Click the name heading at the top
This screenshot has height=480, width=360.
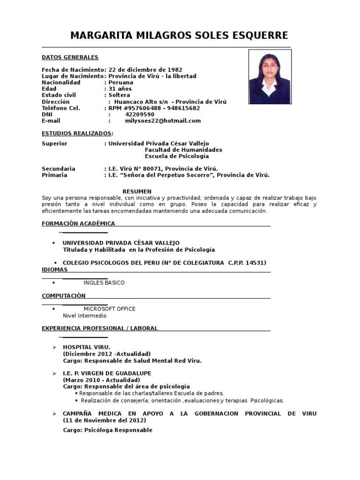(179, 36)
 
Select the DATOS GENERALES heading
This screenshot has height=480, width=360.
(70, 57)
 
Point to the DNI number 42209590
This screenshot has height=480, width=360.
(140, 114)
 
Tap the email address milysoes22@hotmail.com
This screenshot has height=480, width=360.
(163, 121)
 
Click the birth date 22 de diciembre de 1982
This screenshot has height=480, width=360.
(145, 70)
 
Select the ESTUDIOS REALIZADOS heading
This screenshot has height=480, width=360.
(77, 133)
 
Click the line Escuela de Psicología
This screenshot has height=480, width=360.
(177, 156)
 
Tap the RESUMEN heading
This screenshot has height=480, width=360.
(137, 191)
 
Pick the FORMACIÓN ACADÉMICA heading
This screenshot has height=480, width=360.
(78, 224)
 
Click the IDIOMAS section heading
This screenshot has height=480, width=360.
(54, 270)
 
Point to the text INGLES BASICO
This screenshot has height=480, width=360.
(104, 283)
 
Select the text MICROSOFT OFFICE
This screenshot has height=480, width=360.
(109, 309)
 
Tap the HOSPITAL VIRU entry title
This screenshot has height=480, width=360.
(86, 347)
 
